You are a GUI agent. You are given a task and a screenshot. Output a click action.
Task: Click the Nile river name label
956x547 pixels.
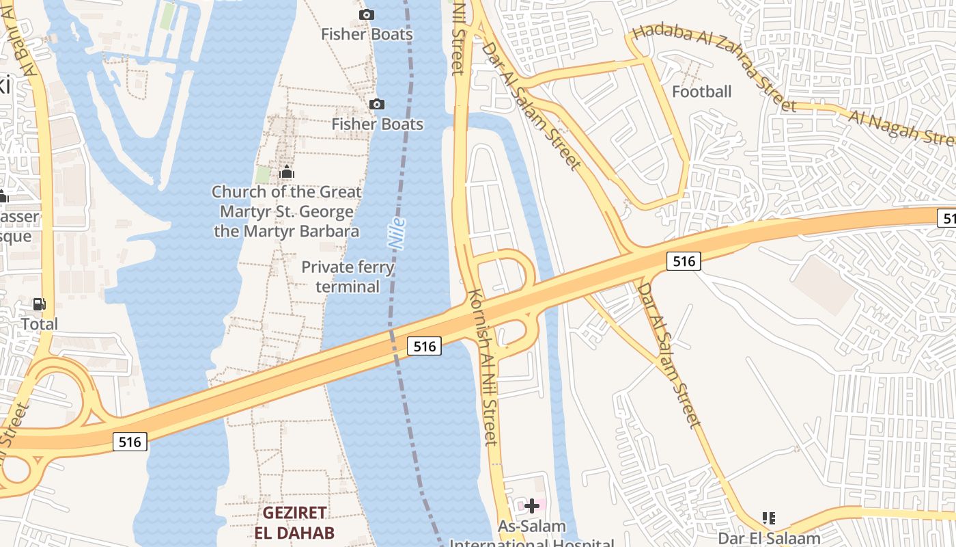[x=397, y=233]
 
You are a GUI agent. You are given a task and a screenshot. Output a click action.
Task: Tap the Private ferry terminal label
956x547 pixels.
[x=348, y=276]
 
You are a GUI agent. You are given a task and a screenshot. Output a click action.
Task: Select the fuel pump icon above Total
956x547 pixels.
[x=40, y=304]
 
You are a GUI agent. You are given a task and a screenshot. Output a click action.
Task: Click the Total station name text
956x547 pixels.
[x=40, y=323]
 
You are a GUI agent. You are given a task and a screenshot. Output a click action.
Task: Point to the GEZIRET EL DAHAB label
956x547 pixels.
[x=294, y=522]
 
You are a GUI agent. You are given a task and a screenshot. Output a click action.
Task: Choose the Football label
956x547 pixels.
[x=701, y=92]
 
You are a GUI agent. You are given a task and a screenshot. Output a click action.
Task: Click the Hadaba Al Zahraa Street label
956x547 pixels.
[x=714, y=67]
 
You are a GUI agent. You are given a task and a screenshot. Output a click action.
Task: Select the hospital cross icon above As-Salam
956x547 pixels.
[x=532, y=506]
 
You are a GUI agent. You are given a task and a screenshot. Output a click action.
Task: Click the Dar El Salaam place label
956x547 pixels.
[x=769, y=538]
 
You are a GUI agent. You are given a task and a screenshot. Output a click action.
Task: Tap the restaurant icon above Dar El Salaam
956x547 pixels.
[x=769, y=518]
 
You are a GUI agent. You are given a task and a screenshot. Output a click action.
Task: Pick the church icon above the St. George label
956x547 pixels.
[x=286, y=173]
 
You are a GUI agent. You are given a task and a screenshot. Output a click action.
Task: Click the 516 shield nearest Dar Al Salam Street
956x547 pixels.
[x=684, y=261]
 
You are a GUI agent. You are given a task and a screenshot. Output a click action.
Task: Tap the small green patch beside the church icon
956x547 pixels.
[x=263, y=174]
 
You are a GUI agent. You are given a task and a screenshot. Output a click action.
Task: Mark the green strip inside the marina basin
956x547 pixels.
[x=167, y=16]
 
